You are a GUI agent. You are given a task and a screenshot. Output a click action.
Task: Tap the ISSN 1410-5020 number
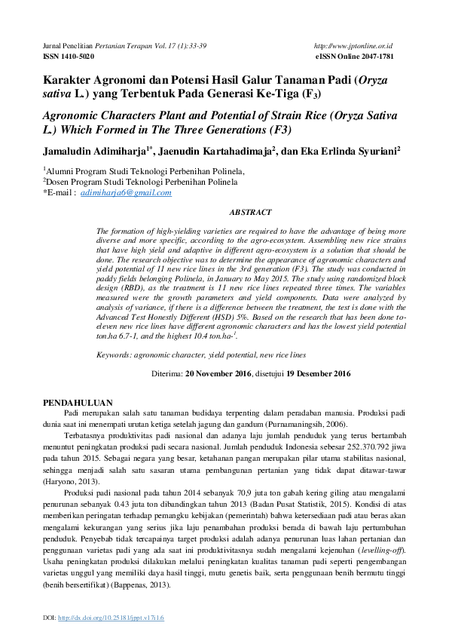click(68, 57)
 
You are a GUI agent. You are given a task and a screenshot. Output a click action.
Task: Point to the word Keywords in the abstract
click(118, 354)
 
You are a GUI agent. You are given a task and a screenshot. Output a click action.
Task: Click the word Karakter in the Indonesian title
click(72, 80)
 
